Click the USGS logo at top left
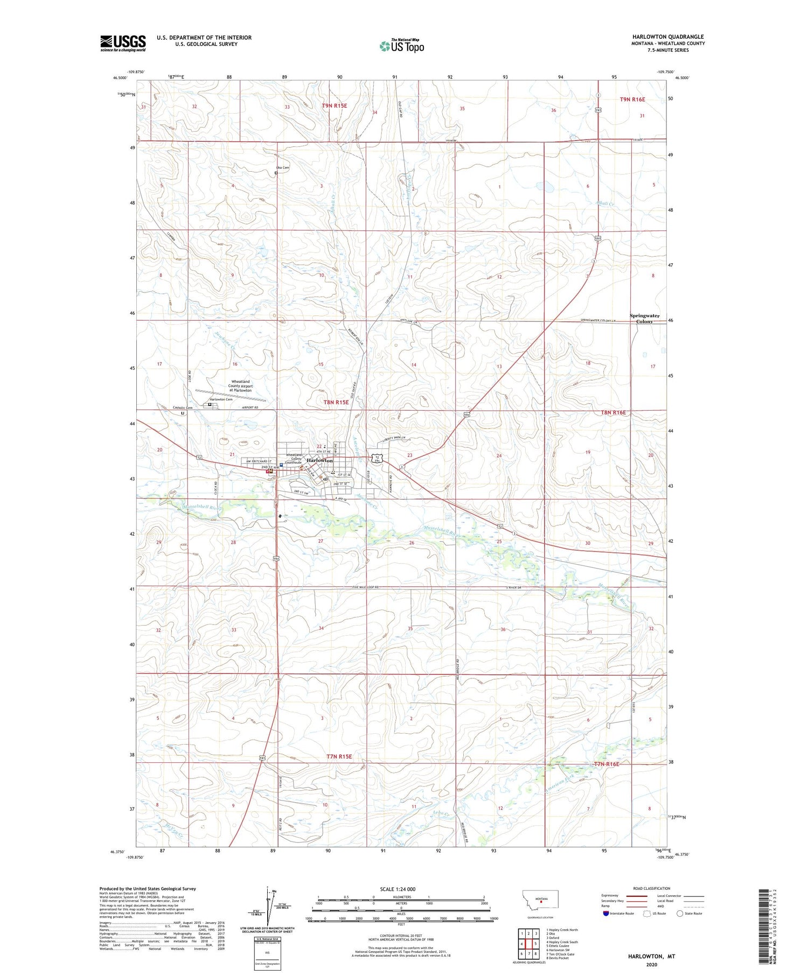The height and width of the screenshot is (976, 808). point(123,43)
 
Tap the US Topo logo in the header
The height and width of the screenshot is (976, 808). point(401,46)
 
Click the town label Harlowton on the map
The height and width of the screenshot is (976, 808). point(320,461)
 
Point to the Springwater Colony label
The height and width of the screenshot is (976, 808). point(645,319)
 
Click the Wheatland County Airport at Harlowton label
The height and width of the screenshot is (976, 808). point(239,385)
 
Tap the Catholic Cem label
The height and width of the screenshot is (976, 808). point(182,408)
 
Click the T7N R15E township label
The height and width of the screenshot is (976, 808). point(339,756)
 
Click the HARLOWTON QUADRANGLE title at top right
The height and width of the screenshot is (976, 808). point(668,37)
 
